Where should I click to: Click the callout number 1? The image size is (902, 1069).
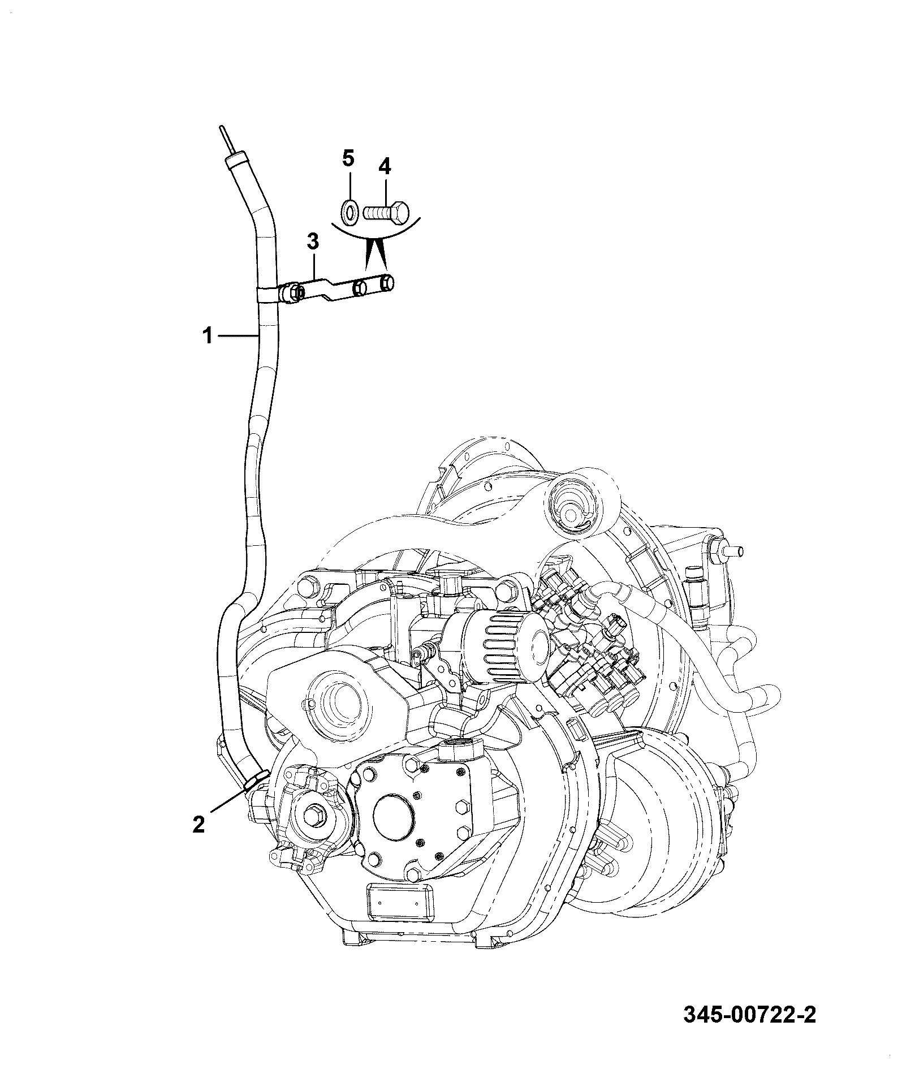[x=208, y=337]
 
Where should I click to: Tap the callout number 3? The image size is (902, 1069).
[x=313, y=242]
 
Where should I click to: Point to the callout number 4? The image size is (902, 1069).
[x=385, y=166]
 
